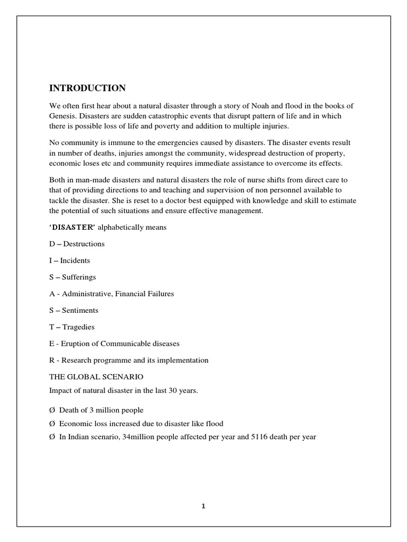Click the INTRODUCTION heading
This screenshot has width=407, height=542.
(87, 88)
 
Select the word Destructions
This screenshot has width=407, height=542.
(85, 244)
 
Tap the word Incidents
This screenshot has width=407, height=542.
(75, 260)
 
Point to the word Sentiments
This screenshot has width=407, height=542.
(80, 310)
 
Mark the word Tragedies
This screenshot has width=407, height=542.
(78, 327)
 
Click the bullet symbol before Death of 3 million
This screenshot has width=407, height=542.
(52, 410)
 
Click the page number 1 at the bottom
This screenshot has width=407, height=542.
(203, 505)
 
